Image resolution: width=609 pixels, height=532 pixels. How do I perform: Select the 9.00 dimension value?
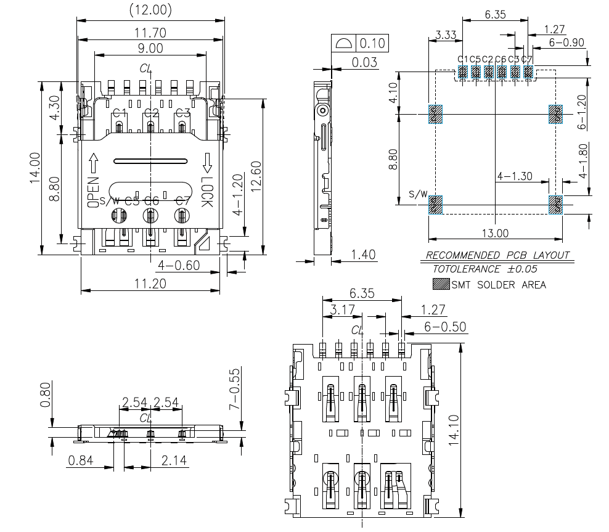tap(150, 47)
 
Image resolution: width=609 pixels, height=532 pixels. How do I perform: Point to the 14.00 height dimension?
tap(35, 168)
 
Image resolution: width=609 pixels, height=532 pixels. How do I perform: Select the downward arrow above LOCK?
tap(207, 162)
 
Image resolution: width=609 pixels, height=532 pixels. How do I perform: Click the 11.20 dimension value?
tap(150, 284)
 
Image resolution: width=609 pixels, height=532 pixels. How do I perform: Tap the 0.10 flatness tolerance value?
tap(372, 43)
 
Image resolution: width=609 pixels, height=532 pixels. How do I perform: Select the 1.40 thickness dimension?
tap(363, 255)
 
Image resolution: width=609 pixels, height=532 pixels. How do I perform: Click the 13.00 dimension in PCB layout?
tap(495, 234)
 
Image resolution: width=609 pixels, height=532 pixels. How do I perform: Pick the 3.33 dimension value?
tap(445, 35)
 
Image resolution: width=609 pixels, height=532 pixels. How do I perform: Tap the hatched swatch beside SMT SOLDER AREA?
tap(440, 284)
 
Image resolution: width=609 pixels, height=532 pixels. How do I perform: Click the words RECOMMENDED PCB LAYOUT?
tap(498, 255)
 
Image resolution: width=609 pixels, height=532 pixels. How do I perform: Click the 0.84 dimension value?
tap(81, 460)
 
